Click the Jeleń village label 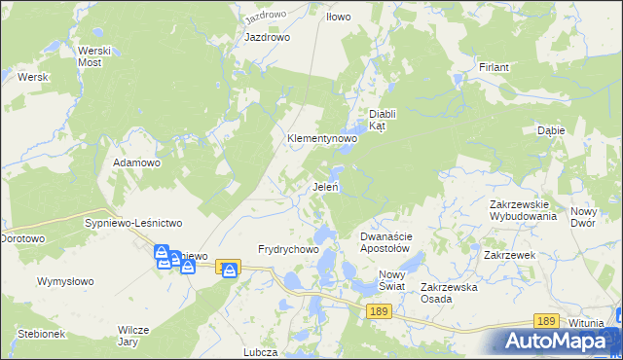(x=325, y=187)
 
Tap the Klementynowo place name (x=322, y=139)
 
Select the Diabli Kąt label (x=386, y=120)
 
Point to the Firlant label (x=495, y=67)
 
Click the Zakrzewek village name (x=510, y=254)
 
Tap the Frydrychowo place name (x=289, y=249)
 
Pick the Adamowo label (x=136, y=162)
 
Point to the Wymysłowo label (x=65, y=281)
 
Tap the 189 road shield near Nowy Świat (x=381, y=310)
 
